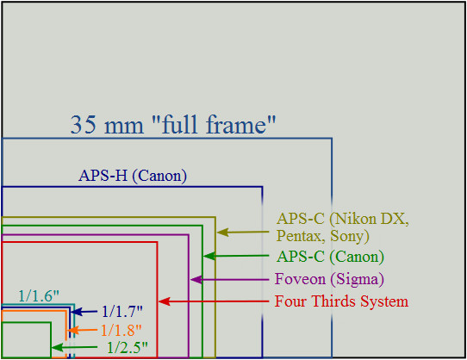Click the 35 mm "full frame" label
click(x=173, y=125)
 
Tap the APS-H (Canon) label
click(x=133, y=176)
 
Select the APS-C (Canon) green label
click(x=330, y=257)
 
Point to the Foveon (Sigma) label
click(x=329, y=279)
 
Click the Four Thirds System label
click(x=341, y=301)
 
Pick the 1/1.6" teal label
click(x=39, y=296)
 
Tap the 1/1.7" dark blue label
click(x=122, y=312)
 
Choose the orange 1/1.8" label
click(x=121, y=330)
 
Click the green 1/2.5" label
click(x=128, y=347)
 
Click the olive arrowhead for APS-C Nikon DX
click(x=223, y=233)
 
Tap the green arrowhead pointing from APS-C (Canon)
click(x=209, y=256)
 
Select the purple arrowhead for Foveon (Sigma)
click(x=196, y=280)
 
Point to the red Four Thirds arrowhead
click(x=164, y=301)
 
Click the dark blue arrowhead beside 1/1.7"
click(x=76, y=312)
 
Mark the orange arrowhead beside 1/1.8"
click(x=73, y=331)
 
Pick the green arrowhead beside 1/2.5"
click(x=57, y=347)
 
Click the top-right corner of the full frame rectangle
click(x=332, y=139)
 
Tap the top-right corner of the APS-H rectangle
click(x=262, y=187)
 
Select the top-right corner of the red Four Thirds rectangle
click(x=157, y=242)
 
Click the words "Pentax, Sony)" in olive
click(x=323, y=236)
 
